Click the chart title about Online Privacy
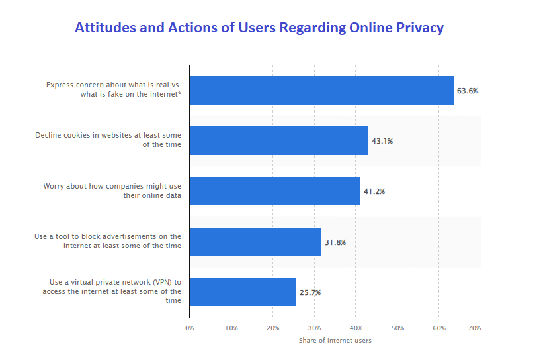tap(259, 28)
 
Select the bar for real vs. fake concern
tap(321, 90)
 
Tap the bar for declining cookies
tap(278, 140)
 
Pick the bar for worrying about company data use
tap(274, 191)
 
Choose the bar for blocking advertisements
tap(255, 242)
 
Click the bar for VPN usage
tap(243, 292)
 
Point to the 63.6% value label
tap(467, 91)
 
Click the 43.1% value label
tap(382, 141)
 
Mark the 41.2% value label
tap(374, 191)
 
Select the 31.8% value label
tap(335, 242)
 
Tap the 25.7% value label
tap(310, 292)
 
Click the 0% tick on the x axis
tap(190, 328)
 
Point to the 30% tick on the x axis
tap(314, 328)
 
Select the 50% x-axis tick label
tap(397, 328)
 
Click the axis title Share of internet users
tap(335, 341)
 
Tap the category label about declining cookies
tap(108, 140)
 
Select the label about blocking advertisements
tap(108, 241)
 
